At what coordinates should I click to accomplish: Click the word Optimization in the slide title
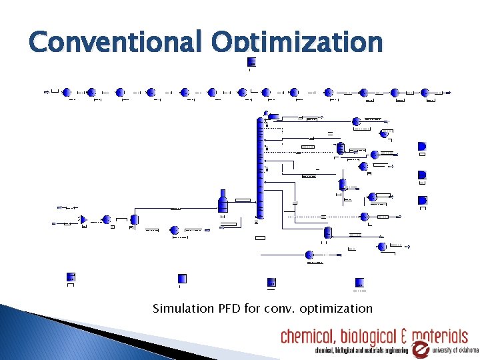point(297,43)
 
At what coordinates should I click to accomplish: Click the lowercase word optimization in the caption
point(337,309)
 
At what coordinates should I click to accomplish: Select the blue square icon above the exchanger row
point(251,62)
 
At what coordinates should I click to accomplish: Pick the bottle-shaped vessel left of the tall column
point(223,200)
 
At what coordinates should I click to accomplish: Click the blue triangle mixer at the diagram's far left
point(83,219)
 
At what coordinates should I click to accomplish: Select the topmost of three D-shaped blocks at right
point(421,147)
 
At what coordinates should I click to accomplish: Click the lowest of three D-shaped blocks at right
point(421,200)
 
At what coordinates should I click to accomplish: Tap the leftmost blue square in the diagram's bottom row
point(71,277)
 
